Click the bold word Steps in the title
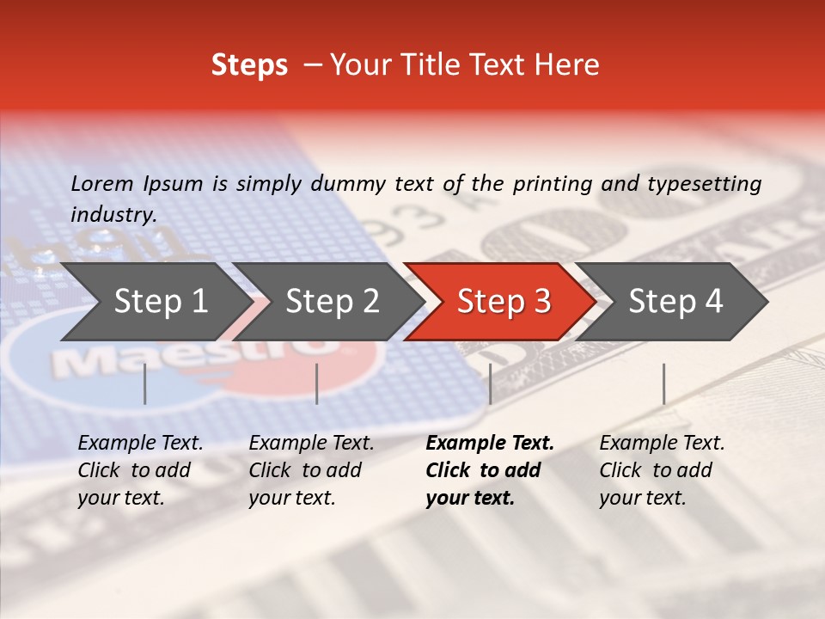[249, 65]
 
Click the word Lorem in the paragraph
[102, 183]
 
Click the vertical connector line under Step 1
[145, 383]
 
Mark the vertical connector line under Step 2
[317, 383]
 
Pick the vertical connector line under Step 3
[490, 383]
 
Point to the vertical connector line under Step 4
[663, 383]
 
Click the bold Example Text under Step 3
[490, 444]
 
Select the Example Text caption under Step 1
[140, 444]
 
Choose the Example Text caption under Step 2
[311, 444]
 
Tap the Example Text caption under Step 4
[662, 444]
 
